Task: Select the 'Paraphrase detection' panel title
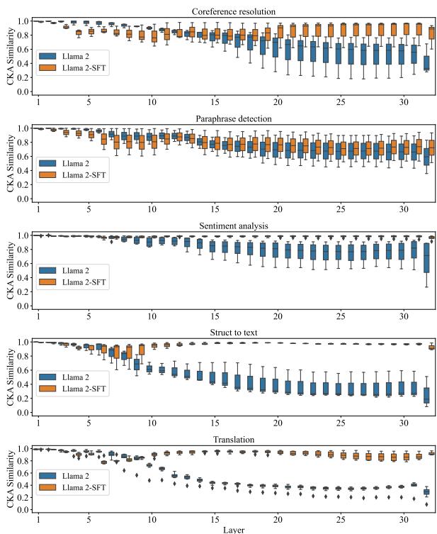click(x=234, y=118)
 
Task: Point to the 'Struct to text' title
click(x=234, y=332)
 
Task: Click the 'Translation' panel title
click(x=234, y=439)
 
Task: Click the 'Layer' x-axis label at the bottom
click(x=234, y=528)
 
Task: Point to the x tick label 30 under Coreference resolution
click(x=403, y=101)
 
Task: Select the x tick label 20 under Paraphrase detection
click(x=278, y=208)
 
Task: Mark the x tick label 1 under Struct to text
click(x=38, y=423)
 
